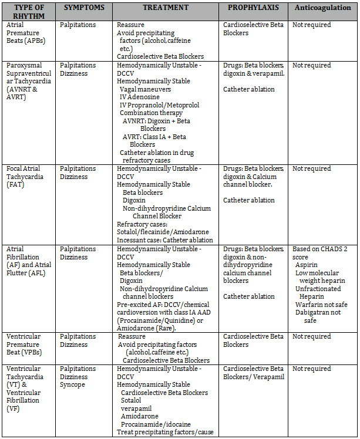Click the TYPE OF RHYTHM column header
coord(29,12)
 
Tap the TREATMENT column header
coord(165,8)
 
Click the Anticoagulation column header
coord(322,8)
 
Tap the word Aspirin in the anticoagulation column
coord(311,265)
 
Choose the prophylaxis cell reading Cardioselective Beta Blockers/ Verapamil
coord(253,373)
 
